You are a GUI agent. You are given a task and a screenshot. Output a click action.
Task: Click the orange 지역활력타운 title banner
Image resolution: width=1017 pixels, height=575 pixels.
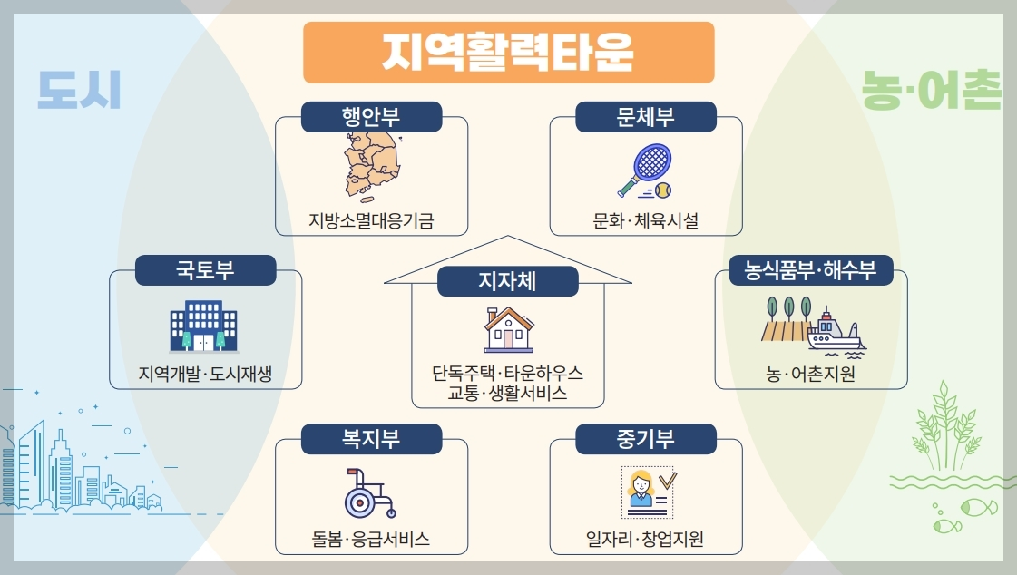(508, 53)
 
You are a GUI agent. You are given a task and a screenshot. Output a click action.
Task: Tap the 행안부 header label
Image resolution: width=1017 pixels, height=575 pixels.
(371, 117)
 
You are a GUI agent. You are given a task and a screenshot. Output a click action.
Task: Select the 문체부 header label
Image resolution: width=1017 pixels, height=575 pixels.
(646, 117)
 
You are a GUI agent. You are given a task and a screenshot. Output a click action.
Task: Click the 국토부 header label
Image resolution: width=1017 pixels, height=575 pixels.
(205, 270)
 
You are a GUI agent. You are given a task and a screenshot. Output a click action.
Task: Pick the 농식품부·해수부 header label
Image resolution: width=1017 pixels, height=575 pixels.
(811, 270)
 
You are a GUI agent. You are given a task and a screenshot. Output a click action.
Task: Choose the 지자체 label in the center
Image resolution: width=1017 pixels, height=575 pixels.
(508, 282)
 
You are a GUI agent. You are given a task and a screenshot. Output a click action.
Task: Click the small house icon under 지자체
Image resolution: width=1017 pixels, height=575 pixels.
(508, 329)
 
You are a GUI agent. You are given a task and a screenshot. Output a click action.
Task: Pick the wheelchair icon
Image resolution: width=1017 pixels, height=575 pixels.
(369, 493)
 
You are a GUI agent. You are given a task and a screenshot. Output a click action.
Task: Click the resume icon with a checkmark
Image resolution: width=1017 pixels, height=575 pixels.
(646, 493)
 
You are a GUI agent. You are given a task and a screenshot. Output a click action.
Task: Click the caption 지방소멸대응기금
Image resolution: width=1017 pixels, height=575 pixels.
(371, 219)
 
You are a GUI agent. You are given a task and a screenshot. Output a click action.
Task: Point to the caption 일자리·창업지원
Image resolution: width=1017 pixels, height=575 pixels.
(645, 541)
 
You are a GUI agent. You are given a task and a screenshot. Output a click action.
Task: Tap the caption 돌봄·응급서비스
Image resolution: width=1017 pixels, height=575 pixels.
(371, 541)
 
